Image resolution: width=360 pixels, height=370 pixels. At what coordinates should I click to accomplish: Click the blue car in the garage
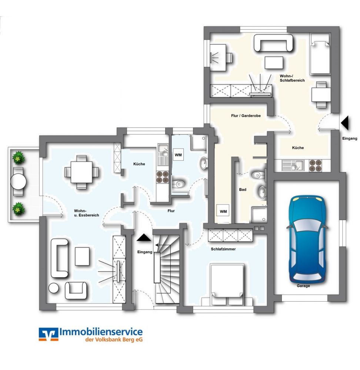pyautogui.click(x=307, y=239)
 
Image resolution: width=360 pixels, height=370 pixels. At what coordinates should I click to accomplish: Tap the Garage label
pyautogui.click(x=303, y=286)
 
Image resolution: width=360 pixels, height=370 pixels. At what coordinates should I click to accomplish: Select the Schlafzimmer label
pyautogui.click(x=223, y=249)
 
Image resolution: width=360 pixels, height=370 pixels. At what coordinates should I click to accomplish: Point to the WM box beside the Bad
pyautogui.click(x=223, y=211)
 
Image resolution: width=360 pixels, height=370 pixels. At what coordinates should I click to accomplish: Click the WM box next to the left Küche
pyautogui.click(x=179, y=155)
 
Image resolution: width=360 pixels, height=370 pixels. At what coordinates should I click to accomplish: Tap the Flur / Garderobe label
pyautogui.click(x=246, y=115)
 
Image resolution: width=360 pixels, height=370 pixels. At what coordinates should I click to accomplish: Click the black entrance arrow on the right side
pyautogui.click(x=345, y=123)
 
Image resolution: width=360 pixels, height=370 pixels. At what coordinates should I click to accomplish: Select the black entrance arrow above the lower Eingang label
pyautogui.click(x=144, y=238)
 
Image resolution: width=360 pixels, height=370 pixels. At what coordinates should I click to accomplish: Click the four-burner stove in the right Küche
pyautogui.click(x=315, y=165)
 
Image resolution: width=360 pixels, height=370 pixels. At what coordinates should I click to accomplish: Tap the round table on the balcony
pyautogui.click(x=18, y=181)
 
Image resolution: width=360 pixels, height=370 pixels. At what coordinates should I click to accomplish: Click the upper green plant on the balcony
pyautogui.click(x=19, y=158)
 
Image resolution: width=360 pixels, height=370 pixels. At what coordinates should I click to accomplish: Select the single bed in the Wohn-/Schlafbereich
pyautogui.click(x=320, y=54)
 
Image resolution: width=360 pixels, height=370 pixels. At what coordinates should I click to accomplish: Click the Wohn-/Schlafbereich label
pyautogui.click(x=292, y=78)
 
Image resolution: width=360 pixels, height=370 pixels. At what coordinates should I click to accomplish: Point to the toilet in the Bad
pyautogui.click(x=257, y=175)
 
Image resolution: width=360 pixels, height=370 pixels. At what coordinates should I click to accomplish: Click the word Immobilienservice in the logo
pyautogui.click(x=101, y=332)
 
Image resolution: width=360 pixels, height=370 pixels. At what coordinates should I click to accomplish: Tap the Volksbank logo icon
pyautogui.click(x=49, y=334)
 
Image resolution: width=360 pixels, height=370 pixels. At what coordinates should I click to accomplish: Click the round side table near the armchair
pyautogui.click(x=54, y=288)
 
